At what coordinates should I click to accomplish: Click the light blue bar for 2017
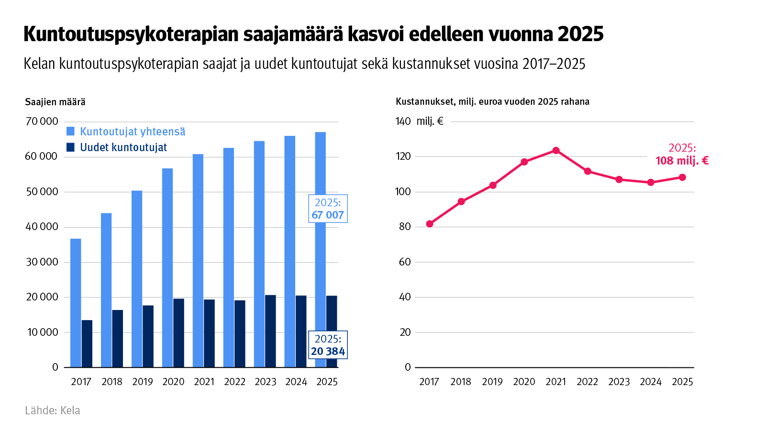[x=76, y=303]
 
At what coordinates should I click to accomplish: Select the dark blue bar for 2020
[x=178, y=333]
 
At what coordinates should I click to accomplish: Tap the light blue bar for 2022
[x=229, y=257]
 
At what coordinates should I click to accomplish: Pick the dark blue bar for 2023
[x=270, y=331]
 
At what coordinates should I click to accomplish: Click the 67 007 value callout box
[x=328, y=209]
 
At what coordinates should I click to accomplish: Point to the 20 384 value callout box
[x=328, y=345]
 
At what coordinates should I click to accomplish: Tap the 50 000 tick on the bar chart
[x=42, y=192]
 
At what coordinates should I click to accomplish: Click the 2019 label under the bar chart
[x=143, y=382]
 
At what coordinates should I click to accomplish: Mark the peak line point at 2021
[x=556, y=151]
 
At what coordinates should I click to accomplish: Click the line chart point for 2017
[x=430, y=224]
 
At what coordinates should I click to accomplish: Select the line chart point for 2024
[x=651, y=183]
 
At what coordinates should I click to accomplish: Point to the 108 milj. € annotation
[x=682, y=160]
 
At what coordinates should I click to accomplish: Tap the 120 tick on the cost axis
[x=403, y=156]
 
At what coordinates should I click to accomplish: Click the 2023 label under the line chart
[x=619, y=382]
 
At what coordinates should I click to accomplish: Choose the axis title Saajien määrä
[x=55, y=102]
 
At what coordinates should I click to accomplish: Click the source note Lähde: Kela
[x=53, y=410]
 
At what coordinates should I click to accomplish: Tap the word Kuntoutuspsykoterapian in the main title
[x=130, y=34]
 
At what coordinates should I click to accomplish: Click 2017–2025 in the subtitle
[x=554, y=64]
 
